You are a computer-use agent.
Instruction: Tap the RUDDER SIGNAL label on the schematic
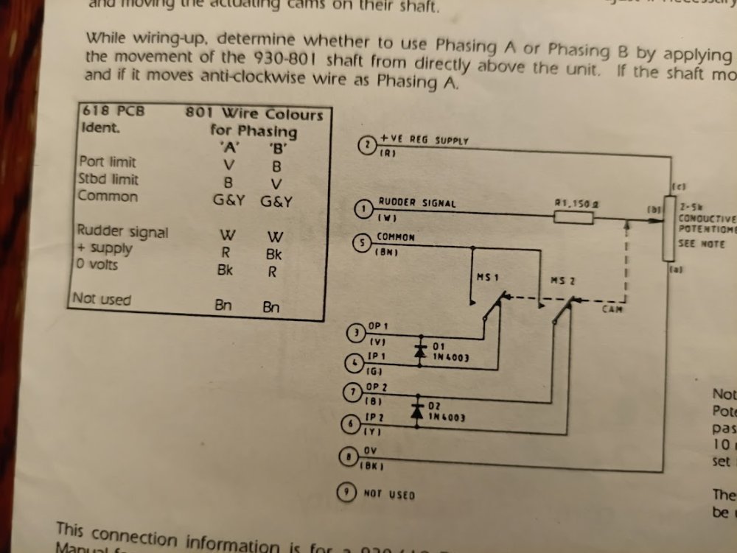click(417, 202)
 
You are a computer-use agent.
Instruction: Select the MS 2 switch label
click(564, 281)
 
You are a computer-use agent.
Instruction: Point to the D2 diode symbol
click(417, 411)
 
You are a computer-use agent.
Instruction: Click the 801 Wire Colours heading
click(254, 115)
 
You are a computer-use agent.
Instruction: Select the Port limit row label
click(108, 161)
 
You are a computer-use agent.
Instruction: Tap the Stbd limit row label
click(108, 179)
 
